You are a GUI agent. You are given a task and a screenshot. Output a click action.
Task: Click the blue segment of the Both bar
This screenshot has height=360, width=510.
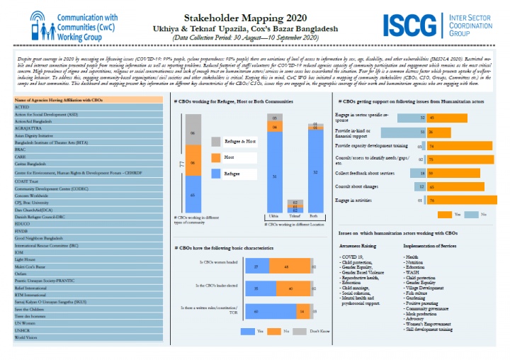point(314,170)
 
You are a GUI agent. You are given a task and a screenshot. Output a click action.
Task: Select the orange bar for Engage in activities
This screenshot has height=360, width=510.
point(472,201)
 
